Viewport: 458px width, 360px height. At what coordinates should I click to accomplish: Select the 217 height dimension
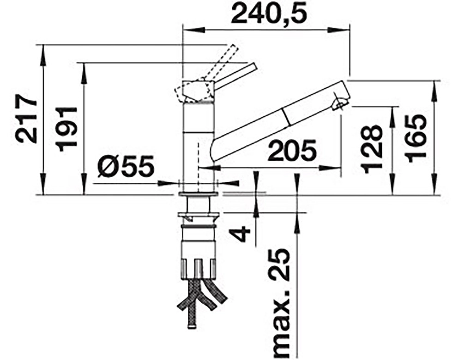27,118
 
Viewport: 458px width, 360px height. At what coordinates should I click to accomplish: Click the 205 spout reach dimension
292,150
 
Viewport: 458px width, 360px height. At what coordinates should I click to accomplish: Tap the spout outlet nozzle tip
339,104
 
